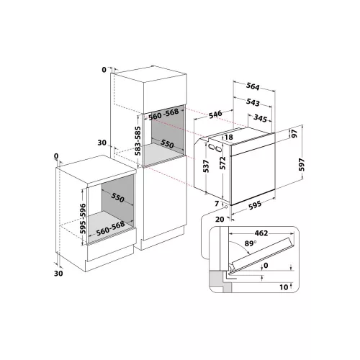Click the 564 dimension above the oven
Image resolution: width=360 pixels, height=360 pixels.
[x=253, y=86]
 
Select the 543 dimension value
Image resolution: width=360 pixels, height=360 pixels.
[x=253, y=102]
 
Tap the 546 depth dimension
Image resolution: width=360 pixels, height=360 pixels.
[x=215, y=114]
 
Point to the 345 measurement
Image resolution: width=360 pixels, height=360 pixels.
[x=260, y=118]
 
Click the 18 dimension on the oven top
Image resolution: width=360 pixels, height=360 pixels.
[x=229, y=137]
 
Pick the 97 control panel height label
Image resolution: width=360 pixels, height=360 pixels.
[x=294, y=133]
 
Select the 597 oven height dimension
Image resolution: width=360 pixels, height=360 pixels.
[x=302, y=165]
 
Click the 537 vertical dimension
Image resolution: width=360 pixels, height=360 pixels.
[x=206, y=166]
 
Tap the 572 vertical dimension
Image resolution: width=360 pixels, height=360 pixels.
[x=222, y=163]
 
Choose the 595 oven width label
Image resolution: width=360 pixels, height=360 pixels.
[x=255, y=206]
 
